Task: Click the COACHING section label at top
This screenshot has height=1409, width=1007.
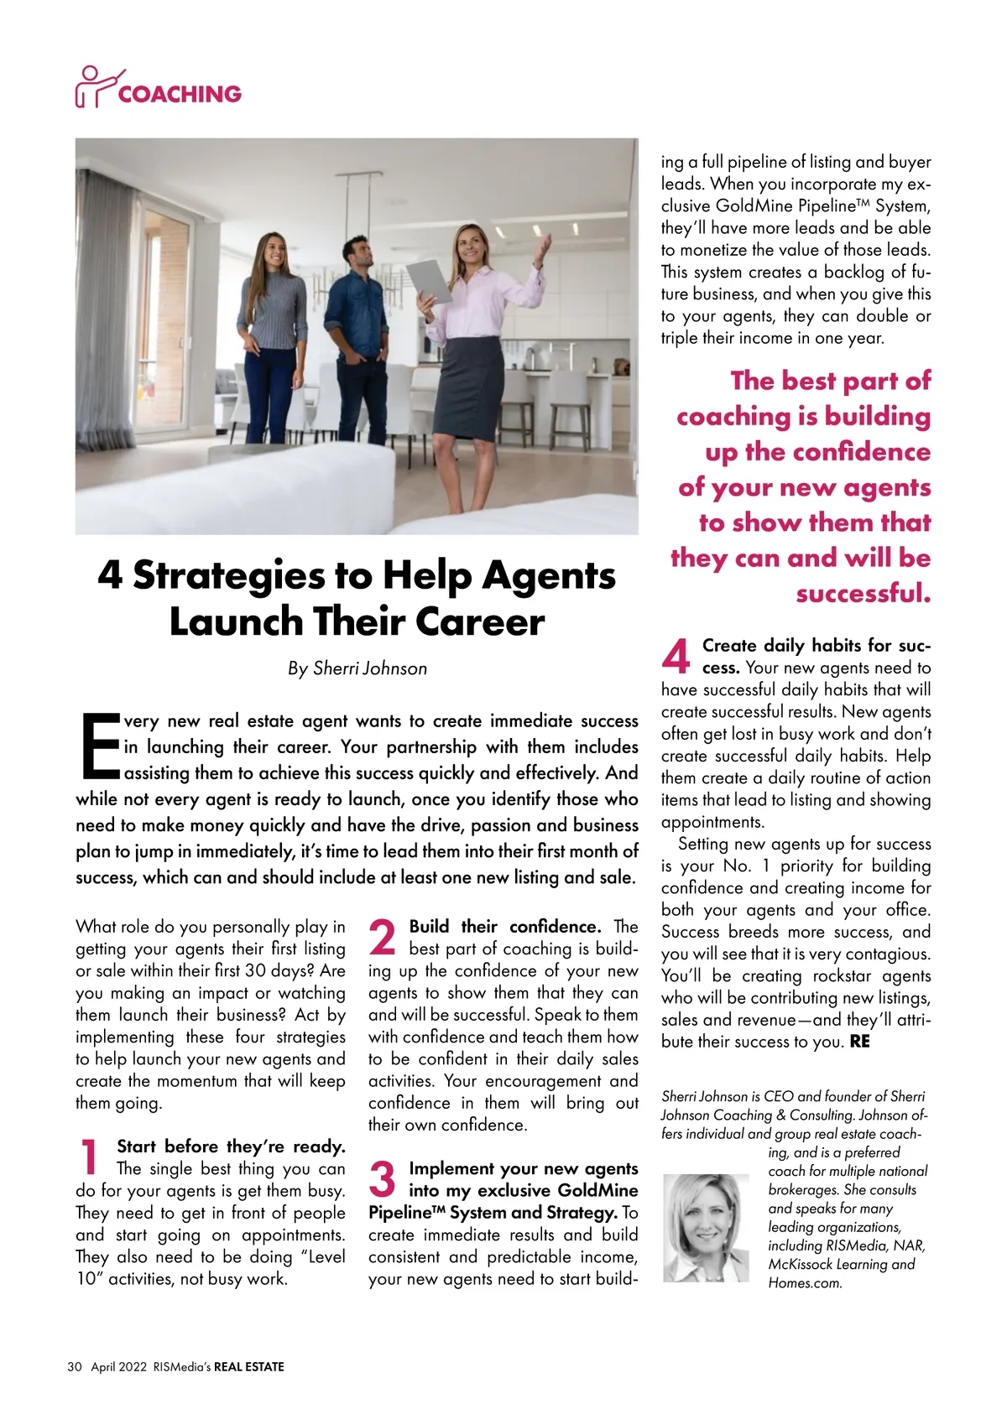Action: pyautogui.click(x=179, y=94)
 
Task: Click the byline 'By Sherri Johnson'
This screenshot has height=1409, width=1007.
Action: pyautogui.click(x=357, y=668)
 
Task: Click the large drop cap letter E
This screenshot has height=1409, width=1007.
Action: pyautogui.click(x=99, y=745)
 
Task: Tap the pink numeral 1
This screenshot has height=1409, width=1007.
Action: pyautogui.click(x=89, y=1157)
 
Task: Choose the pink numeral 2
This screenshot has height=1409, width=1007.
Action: pyautogui.click(x=383, y=938)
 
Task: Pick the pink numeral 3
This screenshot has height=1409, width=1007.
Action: pyautogui.click(x=383, y=1180)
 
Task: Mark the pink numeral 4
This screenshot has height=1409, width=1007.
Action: pyautogui.click(x=676, y=656)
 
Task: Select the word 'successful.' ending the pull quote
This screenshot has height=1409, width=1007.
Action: pyautogui.click(x=864, y=594)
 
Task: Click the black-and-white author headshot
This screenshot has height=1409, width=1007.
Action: pyautogui.click(x=706, y=1228)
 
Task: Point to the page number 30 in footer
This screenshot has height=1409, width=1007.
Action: pyautogui.click(x=75, y=1366)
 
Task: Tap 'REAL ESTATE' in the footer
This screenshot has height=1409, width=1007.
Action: pyautogui.click(x=249, y=1366)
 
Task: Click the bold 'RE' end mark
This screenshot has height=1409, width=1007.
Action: pyautogui.click(x=860, y=1042)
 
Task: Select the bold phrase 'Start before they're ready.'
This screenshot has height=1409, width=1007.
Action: pyautogui.click(x=231, y=1146)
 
